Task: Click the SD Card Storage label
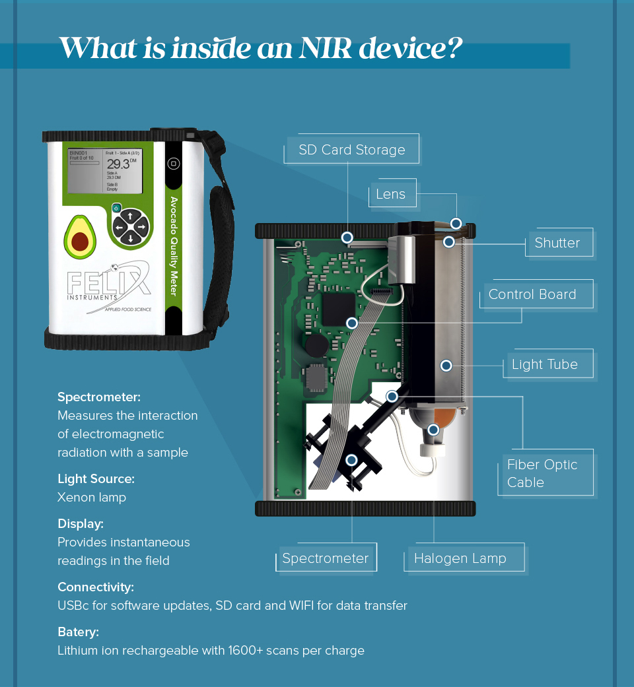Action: (x=351, y=150)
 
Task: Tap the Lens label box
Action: (x=391, y=194)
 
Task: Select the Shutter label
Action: (x=557, y=243)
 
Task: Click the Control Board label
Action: (x=532, y=294)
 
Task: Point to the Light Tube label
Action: (x=544, y=364)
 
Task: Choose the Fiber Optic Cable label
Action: (x=542, y=473)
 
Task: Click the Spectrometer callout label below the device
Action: (x=325, y=558)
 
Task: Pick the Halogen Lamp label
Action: (x=460, y=558)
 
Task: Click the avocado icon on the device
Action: (x=80, y=236)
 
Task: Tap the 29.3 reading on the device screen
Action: (x=119, y=164)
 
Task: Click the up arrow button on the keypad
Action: (x=131, y=216)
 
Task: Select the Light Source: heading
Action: (x=96, y=478)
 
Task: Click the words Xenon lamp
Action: (x=91, y=497)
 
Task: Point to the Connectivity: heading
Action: (x=95, y=587)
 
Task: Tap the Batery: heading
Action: (x=78, y=632)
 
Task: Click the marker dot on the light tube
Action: (x=446, y=365)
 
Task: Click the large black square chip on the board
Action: (x=339, y=309)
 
